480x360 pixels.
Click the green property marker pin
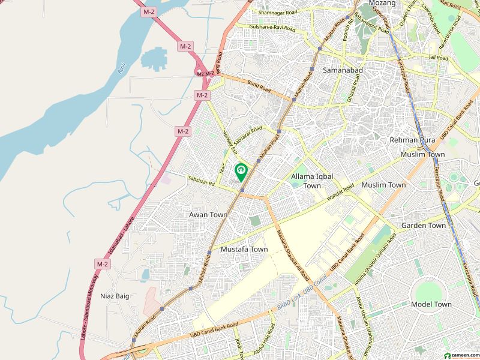pyautogui.click(x=241, y=172)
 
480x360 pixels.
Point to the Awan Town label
pyautogui.click(x=208, y=214)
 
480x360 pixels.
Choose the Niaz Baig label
pyautogui.click(x=115, y=296)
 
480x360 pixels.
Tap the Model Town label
pyautogui.click(x=431, y=304)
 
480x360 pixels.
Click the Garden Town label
pyautogui.click(x=424, y=226)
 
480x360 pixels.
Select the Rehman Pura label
pyautogui.click(x=412, y=140)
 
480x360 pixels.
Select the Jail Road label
pyautogui.click(x=439, y=58)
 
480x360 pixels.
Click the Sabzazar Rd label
pyautogui.click(x=201, y=178)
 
